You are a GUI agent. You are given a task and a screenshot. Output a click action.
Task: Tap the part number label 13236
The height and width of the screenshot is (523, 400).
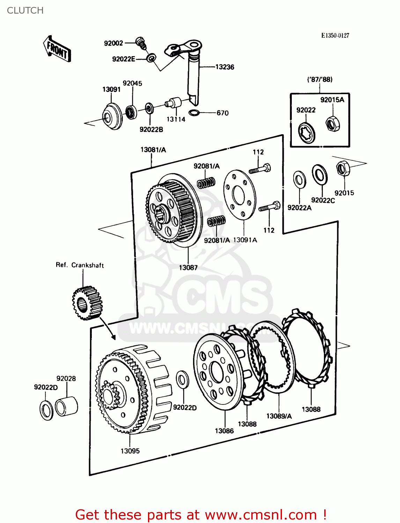pyautogui.click(x=224, y=67)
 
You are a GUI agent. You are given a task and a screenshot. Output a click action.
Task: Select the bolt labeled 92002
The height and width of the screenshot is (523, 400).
pyautogui.click(x=141, y=42)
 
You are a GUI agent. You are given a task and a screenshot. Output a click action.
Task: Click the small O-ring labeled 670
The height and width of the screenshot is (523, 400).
pyautogui.click(x=194, y=113)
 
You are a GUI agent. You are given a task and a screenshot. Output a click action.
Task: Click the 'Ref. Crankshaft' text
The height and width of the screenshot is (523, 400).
pyautogui.click(x=80, y=265)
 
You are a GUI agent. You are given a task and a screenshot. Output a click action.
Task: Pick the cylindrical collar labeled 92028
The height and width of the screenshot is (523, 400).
pyautogui.click(x=67, y=406)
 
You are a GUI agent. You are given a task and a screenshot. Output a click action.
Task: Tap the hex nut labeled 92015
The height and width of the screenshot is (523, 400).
pyautogui.click(x=343, y=169)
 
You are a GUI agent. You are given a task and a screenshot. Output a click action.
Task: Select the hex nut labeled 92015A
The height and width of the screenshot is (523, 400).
pyautogui.click(x=332, y=124)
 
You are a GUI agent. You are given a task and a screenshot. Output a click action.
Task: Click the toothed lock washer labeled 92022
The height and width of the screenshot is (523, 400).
pyautogui.click(x=307, y=132)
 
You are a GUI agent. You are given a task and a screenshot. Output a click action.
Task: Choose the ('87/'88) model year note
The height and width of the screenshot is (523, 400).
pyautogui.click(x=320, y=79)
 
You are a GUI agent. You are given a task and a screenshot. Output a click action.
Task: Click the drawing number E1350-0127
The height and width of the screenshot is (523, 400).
pyautogui.click(x=335, y=36)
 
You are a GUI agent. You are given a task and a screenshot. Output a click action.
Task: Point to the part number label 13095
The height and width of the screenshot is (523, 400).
pyautogui.click(x=130, y=451)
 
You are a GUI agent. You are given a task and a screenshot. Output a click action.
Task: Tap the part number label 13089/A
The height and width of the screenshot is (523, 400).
pyautogui.click(x=279, y=416)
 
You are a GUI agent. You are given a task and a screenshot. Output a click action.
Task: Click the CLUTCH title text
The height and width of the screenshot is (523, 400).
pyautogui.click(x=25, y=10)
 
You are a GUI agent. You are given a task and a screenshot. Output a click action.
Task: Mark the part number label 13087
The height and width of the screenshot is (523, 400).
pyautogui.click(x=188, y=267)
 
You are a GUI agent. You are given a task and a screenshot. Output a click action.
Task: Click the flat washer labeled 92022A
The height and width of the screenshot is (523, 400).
pyautogui.click(x=299, y=180)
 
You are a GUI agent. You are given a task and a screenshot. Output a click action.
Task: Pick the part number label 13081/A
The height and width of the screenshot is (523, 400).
pyautogui.click(x=153, y=150)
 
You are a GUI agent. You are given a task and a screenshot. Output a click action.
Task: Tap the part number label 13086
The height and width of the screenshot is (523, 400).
pyautogui.click(x=224, y=431)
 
